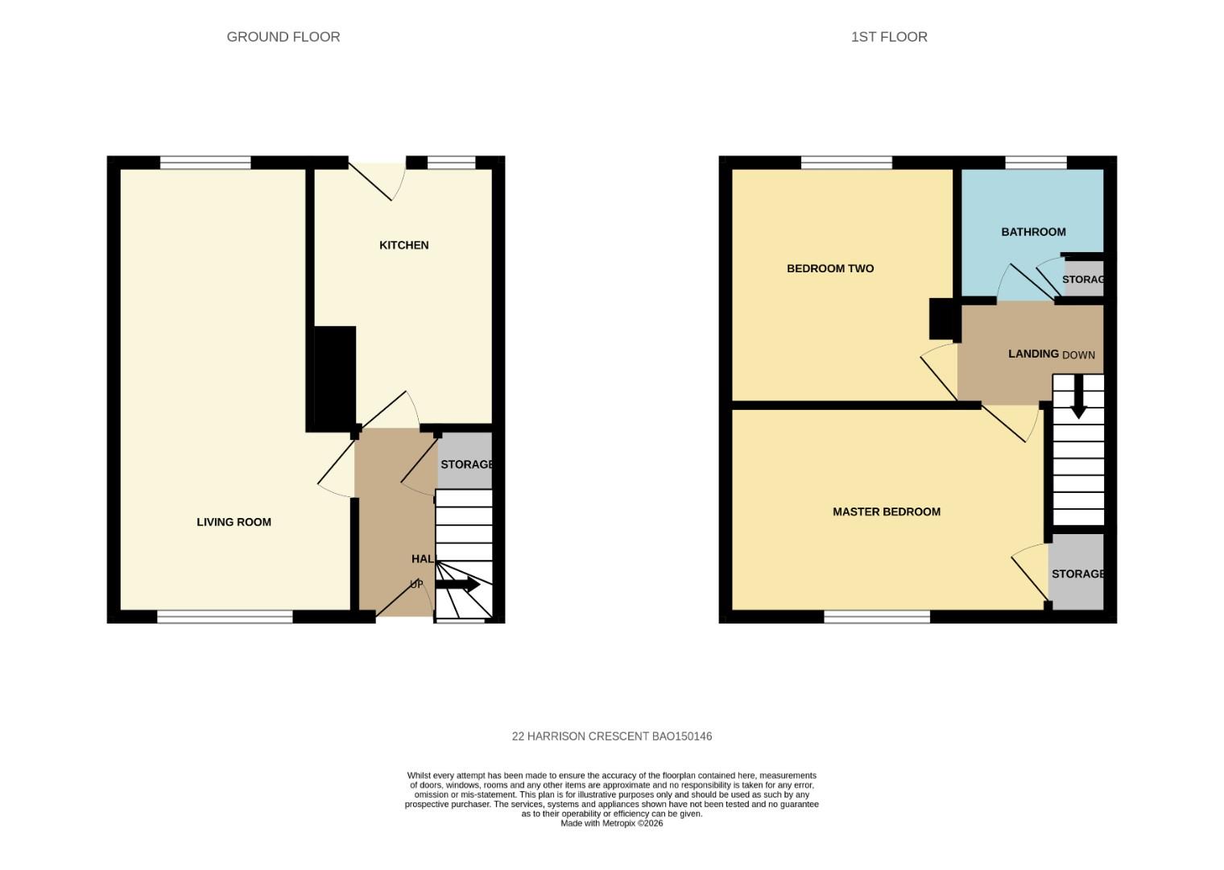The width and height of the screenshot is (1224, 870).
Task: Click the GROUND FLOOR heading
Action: (x=283, y=37)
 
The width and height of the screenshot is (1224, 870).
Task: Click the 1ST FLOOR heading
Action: (x=889, y=37)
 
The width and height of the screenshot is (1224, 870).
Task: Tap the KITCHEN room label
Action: (x=403, y=245)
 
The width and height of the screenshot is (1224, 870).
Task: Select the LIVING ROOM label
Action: (x=234, y=522)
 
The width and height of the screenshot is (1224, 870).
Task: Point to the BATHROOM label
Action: (x=1033, y=232)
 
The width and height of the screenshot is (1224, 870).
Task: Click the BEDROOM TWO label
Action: (x=829, y=268)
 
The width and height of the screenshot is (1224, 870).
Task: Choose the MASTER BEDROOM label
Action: (x=886, y=512)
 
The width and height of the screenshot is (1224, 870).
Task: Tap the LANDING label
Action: (x=1033, y=354)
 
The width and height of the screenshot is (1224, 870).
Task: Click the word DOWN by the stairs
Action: (x=1078, y=355)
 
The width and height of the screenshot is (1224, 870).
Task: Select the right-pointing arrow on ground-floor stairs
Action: (x=459, y=585)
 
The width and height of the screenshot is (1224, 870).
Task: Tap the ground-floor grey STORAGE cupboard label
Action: (x=465, y=464)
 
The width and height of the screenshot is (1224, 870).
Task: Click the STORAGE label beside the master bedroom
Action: (x=1077, y=574)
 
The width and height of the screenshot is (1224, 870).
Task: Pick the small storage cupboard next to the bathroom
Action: (x=1083, y=279)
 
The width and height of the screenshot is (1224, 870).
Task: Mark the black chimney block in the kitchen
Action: (x=334, y=377)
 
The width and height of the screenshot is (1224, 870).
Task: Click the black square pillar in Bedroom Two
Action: (x=942, y=318)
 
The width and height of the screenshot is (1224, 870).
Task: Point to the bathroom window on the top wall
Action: (x=1036, y=163)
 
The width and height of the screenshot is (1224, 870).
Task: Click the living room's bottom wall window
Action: (x=225, y=617)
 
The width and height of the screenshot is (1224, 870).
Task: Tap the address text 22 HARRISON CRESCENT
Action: (x=611, y=736)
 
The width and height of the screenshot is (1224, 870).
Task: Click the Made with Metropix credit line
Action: (x=611, y=823)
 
